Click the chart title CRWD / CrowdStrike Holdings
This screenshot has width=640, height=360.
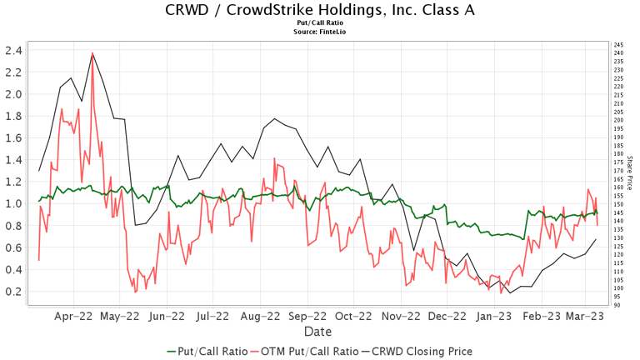tap(319, 11)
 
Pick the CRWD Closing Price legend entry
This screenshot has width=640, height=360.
tap(419, 351)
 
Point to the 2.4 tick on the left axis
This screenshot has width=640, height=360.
tap(12, 50)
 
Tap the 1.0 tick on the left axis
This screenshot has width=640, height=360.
tap(12, 203)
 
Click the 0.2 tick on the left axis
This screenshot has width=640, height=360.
tap(12, 291)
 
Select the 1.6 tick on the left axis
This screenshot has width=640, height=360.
tap(12, 137)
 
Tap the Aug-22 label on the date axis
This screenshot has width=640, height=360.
tap(261, 317)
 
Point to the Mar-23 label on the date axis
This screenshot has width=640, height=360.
tap(586, 317)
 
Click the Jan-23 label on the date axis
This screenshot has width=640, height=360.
tap(495, 317)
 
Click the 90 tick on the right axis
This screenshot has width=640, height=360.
tap(617, 305)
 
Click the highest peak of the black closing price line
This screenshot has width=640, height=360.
tap(92, 53)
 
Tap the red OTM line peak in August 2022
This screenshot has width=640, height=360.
tap(274, 157)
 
